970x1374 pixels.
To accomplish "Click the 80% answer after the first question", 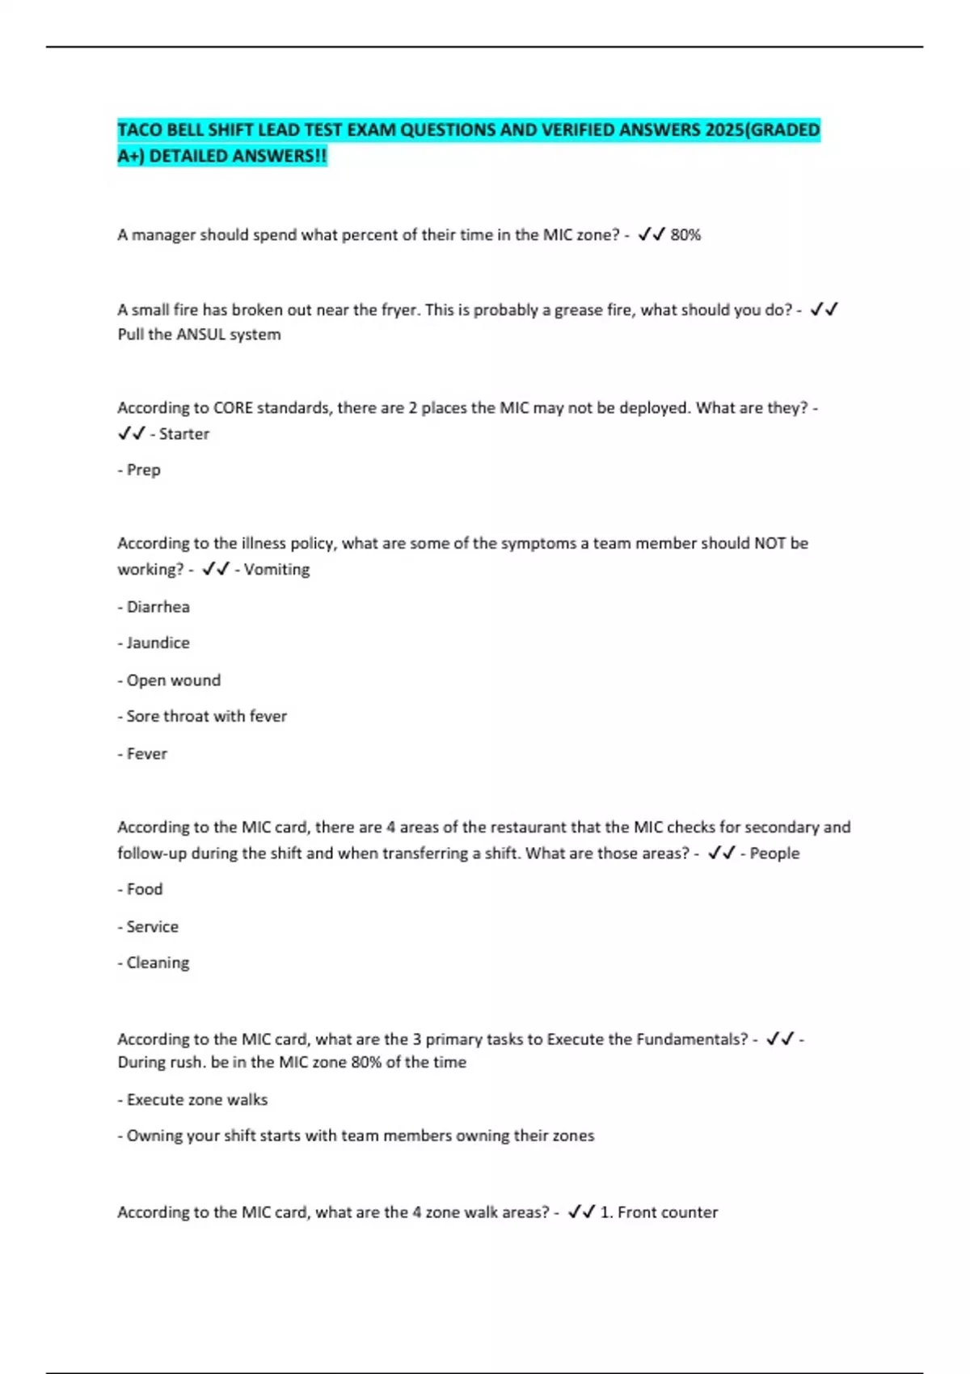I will point(685,235).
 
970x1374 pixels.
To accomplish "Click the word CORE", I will point(233,408).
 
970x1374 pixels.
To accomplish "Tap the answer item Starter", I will point(183,434).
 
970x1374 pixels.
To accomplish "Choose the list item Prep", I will point(143,470).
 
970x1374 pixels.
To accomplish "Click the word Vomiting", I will point(276,570).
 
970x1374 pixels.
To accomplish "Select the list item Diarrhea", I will point(158,607).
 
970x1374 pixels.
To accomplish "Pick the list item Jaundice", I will point(158,643).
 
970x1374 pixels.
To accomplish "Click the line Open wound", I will point(173,681).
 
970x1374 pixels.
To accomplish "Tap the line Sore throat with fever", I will point(206,717).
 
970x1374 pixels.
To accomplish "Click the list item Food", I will point(145,890).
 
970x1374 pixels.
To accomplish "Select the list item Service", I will point(152,927).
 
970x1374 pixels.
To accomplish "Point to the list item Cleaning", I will point(158,963).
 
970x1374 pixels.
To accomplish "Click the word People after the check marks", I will point(774,853).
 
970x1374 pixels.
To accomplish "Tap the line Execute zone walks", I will point(196,1100).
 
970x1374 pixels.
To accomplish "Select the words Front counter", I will point(667,1212).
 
